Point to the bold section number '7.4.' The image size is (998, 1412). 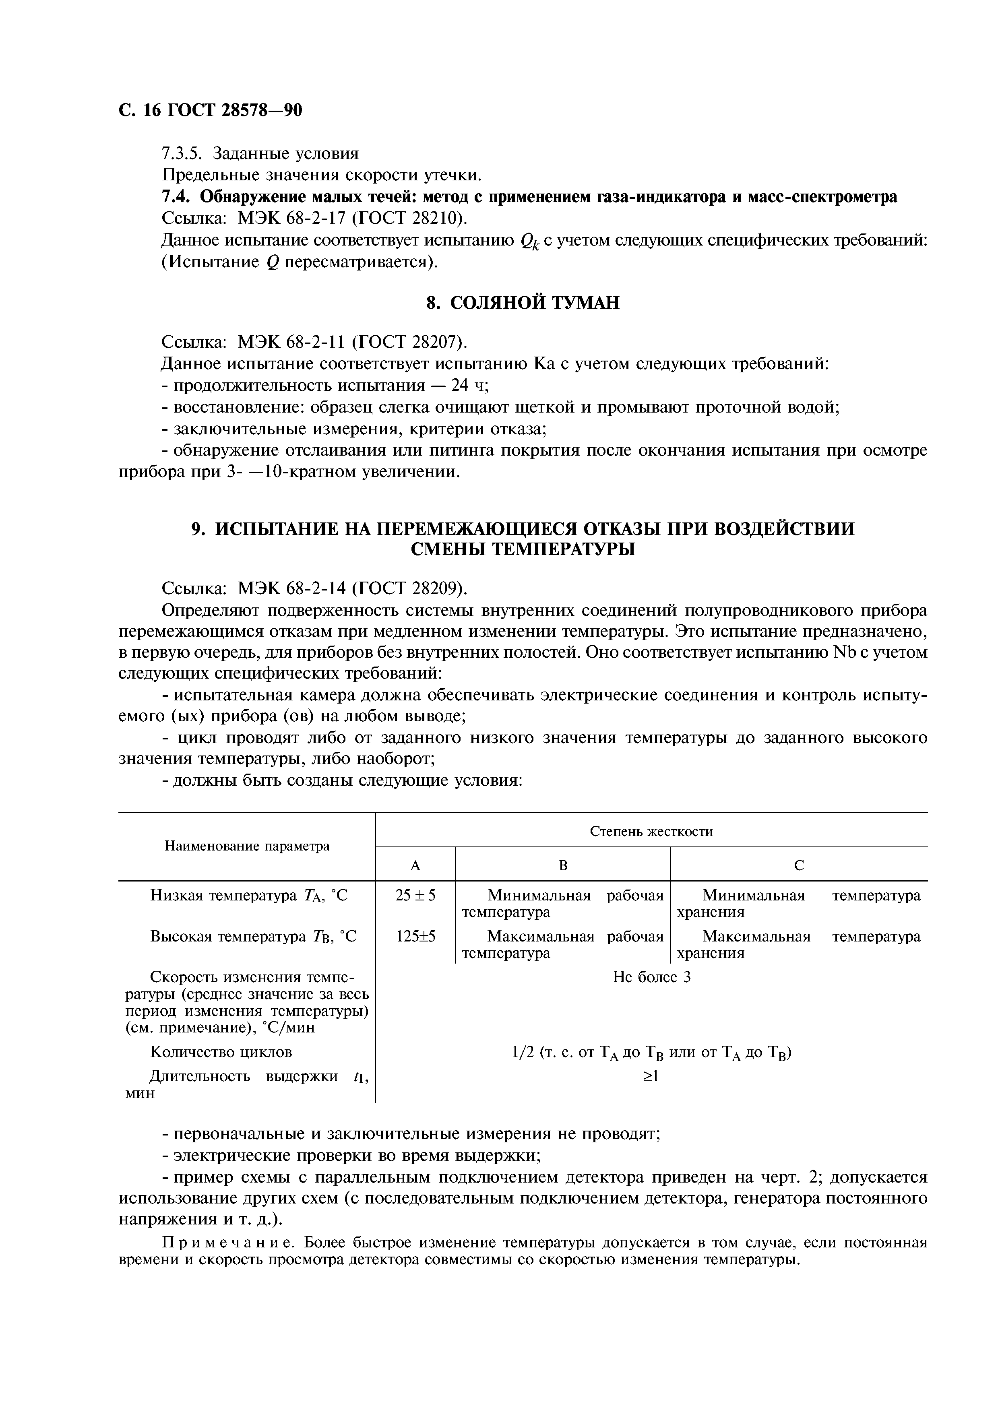178,197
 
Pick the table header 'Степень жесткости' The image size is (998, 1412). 651,832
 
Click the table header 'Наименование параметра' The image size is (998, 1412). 247,846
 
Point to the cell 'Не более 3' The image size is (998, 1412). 652,977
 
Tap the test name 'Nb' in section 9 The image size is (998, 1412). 844,652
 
